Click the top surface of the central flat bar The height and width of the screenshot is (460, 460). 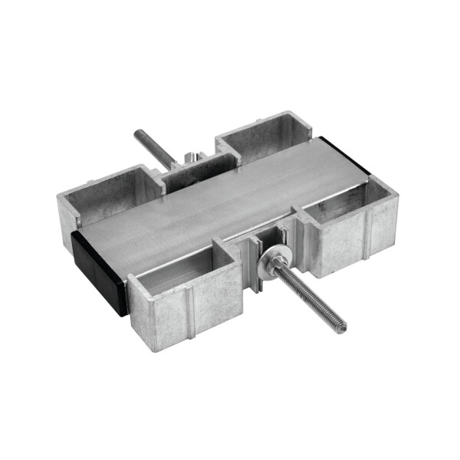222,199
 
